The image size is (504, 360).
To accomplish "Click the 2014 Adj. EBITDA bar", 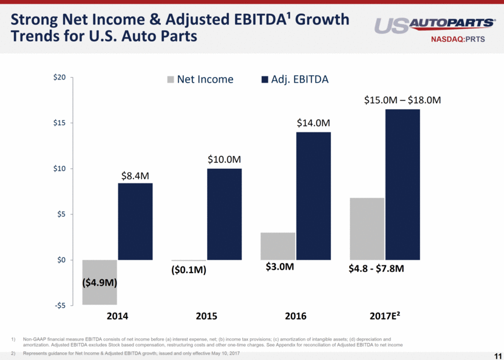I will (135, 222).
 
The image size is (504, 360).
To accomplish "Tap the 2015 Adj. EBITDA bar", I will (224, 214).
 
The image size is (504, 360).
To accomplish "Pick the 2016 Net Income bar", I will (278, 246).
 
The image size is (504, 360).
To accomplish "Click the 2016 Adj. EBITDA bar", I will (313, 196).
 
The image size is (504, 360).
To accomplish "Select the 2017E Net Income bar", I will (367, 229).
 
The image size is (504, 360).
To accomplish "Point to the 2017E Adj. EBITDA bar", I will (402, 185).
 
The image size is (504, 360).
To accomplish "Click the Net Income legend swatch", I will (171, 80).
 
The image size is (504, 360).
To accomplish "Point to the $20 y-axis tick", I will (59, 78).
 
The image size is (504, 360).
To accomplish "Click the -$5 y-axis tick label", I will (59, 305).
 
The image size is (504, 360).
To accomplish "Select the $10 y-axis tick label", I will (59, 169).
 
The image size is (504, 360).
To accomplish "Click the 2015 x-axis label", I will (206, 316).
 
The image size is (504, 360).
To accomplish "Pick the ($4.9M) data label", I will (100, 283).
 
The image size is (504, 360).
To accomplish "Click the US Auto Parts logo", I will (435, 25).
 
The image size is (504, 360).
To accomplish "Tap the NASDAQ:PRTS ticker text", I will (465, 41).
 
